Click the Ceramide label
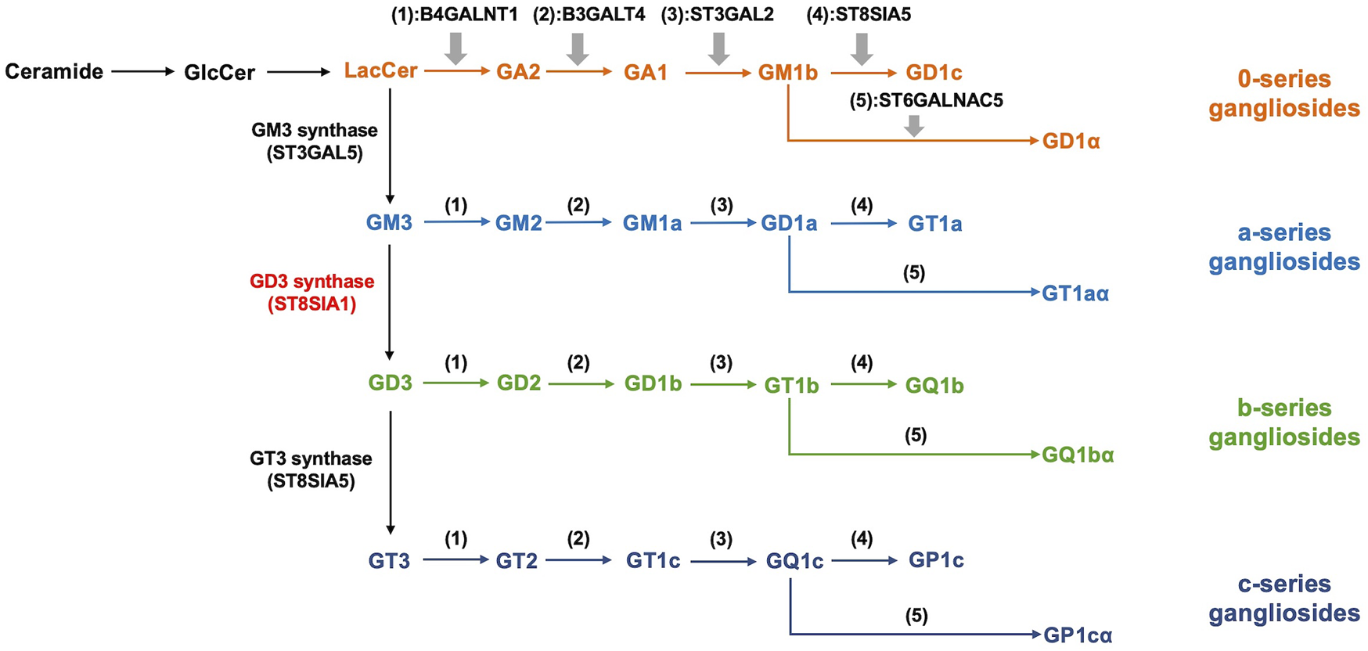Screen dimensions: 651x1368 (x=54, y=72)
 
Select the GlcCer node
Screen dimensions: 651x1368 (x=219, y=73)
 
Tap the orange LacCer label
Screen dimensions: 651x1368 (x=380, y=71)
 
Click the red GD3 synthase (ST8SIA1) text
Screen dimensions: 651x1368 (x=311, y=293)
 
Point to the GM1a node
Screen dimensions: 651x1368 (x=652, y=224)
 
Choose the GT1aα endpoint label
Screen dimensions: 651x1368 (x=1075, y=293)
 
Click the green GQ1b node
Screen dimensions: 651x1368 (x=934, y=386)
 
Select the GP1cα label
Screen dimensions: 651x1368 (x=1078, y=635)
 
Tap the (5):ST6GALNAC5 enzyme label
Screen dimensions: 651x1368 (x=926, y=101)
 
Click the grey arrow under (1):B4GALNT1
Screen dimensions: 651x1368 (x=455, y=49)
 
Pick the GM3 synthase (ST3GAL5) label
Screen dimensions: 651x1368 (x=315, y=142)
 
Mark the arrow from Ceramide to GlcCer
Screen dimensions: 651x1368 (x=142, y=72)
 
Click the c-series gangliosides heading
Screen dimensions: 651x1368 (x=1283, y=599)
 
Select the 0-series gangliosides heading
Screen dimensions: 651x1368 (x=1283, y=93)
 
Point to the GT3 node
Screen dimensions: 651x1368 (x=389, y=561)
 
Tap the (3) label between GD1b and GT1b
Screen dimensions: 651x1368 (x=721, y=363)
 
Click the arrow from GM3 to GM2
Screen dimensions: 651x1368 (x=456, y=222)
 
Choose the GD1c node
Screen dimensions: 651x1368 (x=934, y=73)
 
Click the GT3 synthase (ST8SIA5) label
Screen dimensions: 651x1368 (x=311, y=469)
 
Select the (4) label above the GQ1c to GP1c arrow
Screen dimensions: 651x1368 (x=861, y=539)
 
